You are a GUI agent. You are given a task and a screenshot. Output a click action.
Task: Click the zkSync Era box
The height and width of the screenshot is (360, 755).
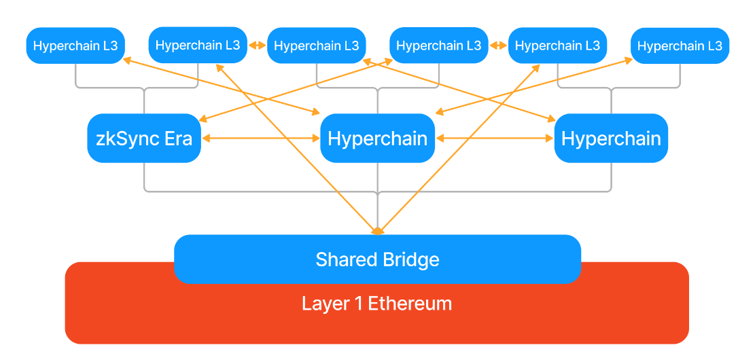point(144,139)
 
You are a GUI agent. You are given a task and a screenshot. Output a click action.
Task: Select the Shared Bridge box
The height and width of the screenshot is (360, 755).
point(377,259)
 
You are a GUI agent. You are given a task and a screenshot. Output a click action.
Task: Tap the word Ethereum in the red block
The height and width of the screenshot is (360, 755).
point(410,303)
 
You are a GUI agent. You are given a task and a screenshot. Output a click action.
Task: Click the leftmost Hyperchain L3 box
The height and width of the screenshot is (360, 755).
point(75,46)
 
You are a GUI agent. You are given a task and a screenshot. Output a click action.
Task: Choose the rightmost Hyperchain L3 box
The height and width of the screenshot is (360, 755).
point(680,46)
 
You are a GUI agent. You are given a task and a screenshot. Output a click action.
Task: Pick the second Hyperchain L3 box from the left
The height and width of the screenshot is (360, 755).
point(197,46)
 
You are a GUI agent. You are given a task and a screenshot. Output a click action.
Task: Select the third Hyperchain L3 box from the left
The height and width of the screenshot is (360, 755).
point(317,46)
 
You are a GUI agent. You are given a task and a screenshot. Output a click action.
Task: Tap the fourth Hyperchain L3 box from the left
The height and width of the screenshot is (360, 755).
point(438,46)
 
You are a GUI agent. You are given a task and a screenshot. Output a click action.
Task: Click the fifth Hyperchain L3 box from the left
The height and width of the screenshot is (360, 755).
point(558,46)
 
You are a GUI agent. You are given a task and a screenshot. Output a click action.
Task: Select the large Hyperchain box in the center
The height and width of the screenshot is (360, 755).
point(377,139)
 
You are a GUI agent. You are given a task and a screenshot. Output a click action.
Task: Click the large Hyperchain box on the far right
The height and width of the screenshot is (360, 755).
point(611,139)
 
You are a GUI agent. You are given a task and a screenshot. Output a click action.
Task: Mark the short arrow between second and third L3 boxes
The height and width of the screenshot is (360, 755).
point(257,46)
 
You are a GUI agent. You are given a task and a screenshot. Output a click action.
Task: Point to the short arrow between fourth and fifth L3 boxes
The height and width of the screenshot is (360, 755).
point(498,46)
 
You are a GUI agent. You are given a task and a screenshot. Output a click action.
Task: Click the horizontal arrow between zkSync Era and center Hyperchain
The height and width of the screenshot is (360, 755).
point(260,139)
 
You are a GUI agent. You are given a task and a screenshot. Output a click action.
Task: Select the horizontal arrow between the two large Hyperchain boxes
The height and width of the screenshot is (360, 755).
point(495,139)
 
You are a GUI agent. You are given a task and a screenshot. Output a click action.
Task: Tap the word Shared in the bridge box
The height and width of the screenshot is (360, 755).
point(342,259)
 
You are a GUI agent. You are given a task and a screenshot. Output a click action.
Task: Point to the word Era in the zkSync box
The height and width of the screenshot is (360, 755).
point(179,139)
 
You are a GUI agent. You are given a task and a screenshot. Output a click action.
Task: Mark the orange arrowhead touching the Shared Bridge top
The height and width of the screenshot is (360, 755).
point(377,231)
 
